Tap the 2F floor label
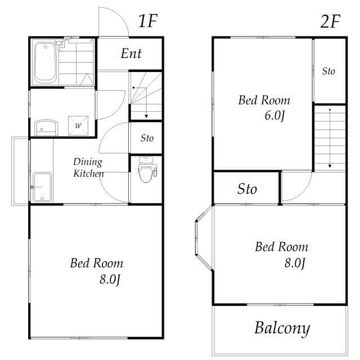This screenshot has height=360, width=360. tap(330, 21)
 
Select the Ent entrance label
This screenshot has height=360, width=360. tap(131, 54)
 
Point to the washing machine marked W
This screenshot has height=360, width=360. tap(79, 124)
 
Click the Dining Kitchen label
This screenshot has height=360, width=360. tap(88, 168)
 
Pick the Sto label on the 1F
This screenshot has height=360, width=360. tap(147, 138)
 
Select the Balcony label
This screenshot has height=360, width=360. tap(282, 328)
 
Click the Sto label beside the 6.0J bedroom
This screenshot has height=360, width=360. tap(328, 71)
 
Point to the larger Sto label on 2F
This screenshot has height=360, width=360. tap(247, 189)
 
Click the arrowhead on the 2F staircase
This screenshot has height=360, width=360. tap(330, 166)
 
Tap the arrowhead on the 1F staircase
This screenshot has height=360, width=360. tap(146, 116)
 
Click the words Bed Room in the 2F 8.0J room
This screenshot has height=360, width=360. tap(281, 246)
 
